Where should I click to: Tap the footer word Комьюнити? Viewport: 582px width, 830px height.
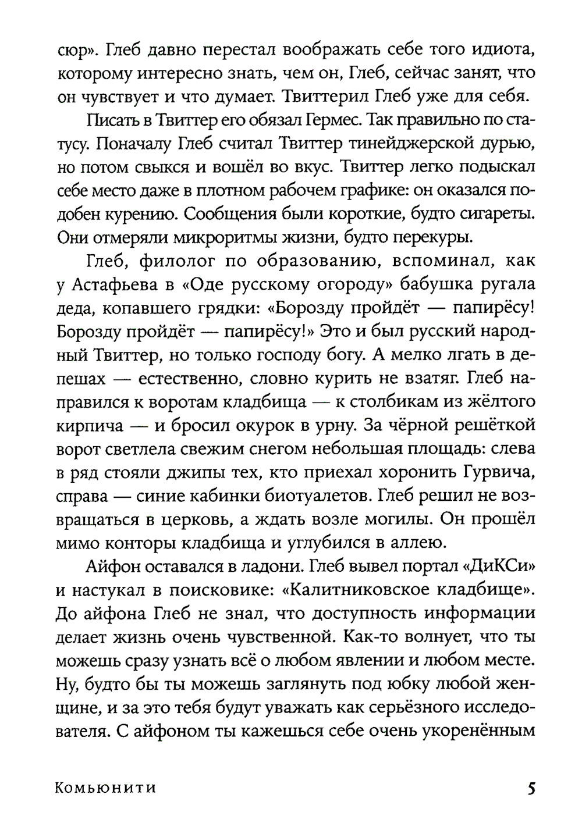click(x=106, y=789)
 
